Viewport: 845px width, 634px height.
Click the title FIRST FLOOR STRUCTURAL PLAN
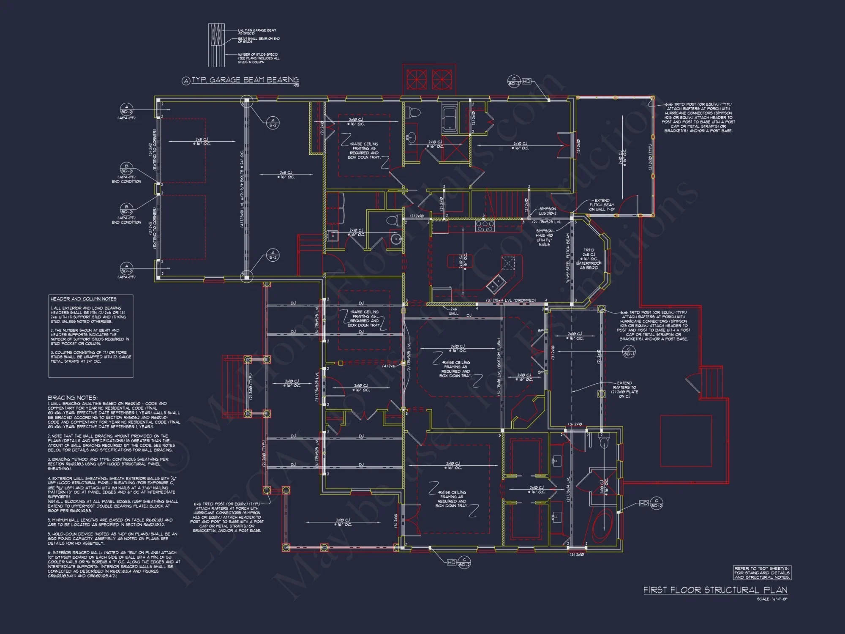point(715,590)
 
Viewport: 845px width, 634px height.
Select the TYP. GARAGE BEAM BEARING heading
point(245,80)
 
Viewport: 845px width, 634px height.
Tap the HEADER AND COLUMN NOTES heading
point(83,299)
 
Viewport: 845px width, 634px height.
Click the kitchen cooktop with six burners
point(485,226)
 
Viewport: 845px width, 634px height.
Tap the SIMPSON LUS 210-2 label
point(547,211)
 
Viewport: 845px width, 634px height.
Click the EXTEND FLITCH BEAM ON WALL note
point(602,205)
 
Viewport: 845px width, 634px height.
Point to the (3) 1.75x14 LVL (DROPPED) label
point(511,301)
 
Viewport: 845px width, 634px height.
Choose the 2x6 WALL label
point(453,311)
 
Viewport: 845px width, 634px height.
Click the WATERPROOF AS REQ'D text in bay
point(589,265)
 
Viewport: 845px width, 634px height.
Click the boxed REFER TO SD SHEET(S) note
point(762,573)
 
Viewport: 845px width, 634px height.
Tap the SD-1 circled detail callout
point(629,351)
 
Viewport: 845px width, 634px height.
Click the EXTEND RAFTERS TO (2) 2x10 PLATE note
point(624,389)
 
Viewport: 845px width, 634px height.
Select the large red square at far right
point(686,441)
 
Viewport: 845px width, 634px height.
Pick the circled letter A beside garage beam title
point(186,81)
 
